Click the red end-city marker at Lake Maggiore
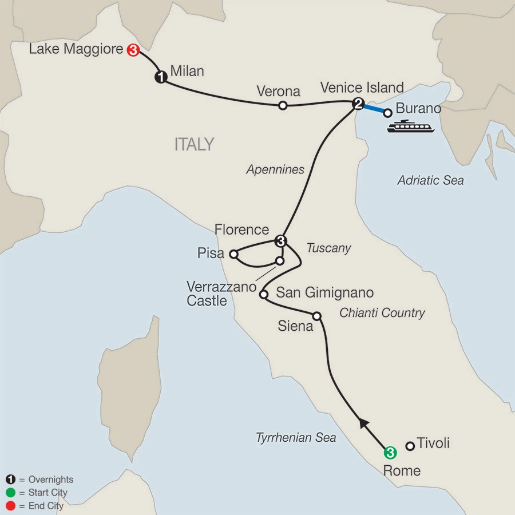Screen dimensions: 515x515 tap(133, 50)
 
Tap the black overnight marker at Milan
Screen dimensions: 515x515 tap(161, 78)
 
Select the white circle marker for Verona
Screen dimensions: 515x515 tap(282, 105)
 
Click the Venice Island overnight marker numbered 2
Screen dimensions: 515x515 tap(358, 104)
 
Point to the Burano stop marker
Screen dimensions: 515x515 tap(387, 112)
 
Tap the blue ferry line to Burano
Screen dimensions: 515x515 tap(373, 108)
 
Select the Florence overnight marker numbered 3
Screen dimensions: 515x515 tap(280, 241)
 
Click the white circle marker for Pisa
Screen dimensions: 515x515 tap(233, 253)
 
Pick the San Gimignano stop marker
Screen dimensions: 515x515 tap(263, 295)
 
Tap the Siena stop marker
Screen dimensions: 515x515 tap(317, 315)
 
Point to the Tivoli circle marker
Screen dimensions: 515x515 tap(410, 445)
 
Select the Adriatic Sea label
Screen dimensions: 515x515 tap(430, 181)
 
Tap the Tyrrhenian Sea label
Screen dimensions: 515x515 tap(296, 438)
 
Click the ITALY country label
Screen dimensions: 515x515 tap(194, 144)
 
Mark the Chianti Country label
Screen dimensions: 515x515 tap(382, 313)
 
